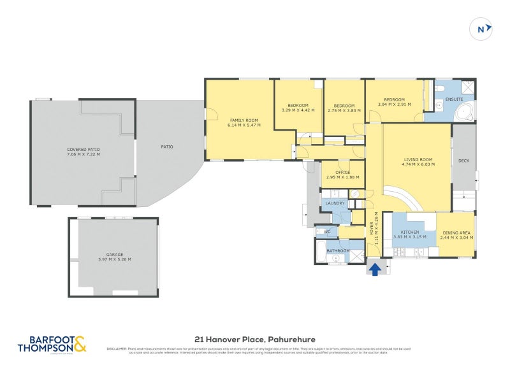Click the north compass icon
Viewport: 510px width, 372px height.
tap(482, 29)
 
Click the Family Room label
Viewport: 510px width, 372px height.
tap(244, 120)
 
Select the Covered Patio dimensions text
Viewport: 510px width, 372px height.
tap(84, 154)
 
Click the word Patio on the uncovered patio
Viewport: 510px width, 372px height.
tap(167, 147)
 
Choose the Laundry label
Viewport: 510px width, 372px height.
tap(335, 203)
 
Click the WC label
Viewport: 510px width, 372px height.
tap(327, 232)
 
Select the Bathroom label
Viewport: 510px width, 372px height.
tap(338, 251)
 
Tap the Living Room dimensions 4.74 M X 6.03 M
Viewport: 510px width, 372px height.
tap(418, 164)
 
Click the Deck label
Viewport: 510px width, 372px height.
tap(463, 161)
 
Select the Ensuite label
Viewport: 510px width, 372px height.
tap(455, 99)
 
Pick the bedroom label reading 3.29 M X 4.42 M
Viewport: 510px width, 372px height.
tap(298, 110)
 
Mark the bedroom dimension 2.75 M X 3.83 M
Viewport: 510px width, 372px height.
tap(344, 110)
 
